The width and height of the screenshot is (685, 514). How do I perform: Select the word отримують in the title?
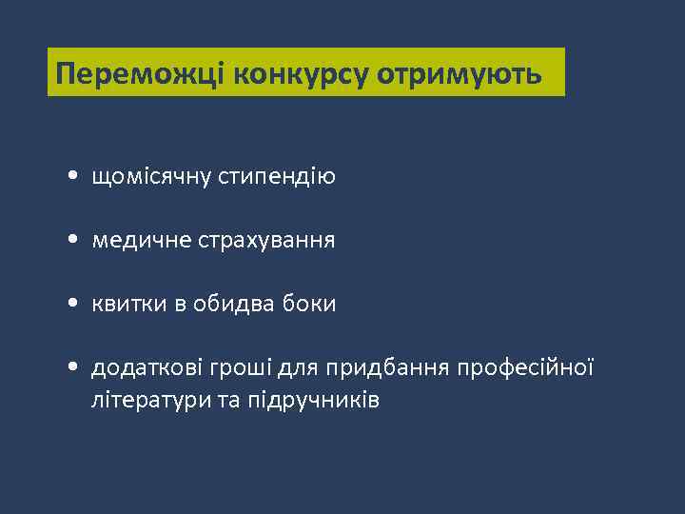pos(460,74)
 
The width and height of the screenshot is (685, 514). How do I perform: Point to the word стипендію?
pos(279,177)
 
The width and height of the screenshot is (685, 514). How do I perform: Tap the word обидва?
pos(238,305)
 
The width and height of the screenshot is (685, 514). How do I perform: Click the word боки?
pos(312,305)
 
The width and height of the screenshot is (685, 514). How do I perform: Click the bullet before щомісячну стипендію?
pos(74,178)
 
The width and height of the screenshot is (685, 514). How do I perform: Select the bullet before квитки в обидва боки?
pos(74,306)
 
